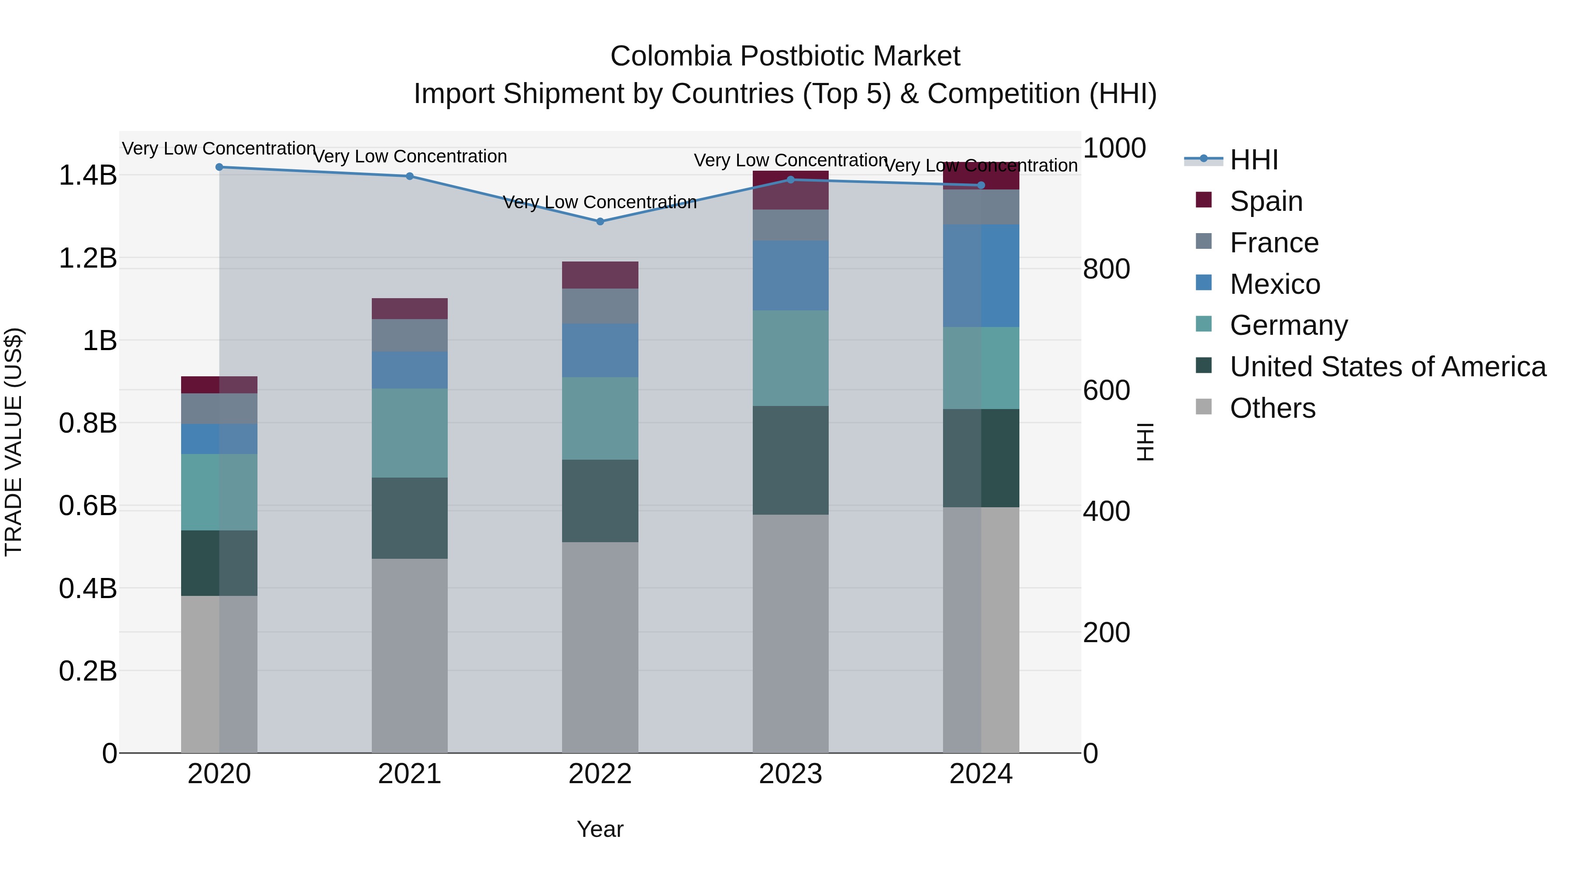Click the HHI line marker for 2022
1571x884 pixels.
tap(600, 221)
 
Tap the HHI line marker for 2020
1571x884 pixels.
tap(220, 167)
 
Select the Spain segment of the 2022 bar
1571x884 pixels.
tap(600, 275)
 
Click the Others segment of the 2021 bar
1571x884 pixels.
tap(410, 655)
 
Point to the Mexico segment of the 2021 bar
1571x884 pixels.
tap(410, 370)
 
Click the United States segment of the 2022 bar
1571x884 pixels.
tap(600, 501)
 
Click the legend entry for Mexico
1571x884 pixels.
tap(1275, 284)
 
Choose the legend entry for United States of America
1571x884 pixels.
tap(1387, 367)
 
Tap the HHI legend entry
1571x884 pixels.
tap(1253, 160)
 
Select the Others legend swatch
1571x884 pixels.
tap(1204, 407)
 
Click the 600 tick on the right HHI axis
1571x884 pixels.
tap(1106, 390)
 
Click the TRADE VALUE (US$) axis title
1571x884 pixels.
tap(14, 442)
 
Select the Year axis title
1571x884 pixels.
tap(600, 829)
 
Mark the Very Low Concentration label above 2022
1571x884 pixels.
tap(600, 202)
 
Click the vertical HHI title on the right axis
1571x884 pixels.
tap(1146, 442)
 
